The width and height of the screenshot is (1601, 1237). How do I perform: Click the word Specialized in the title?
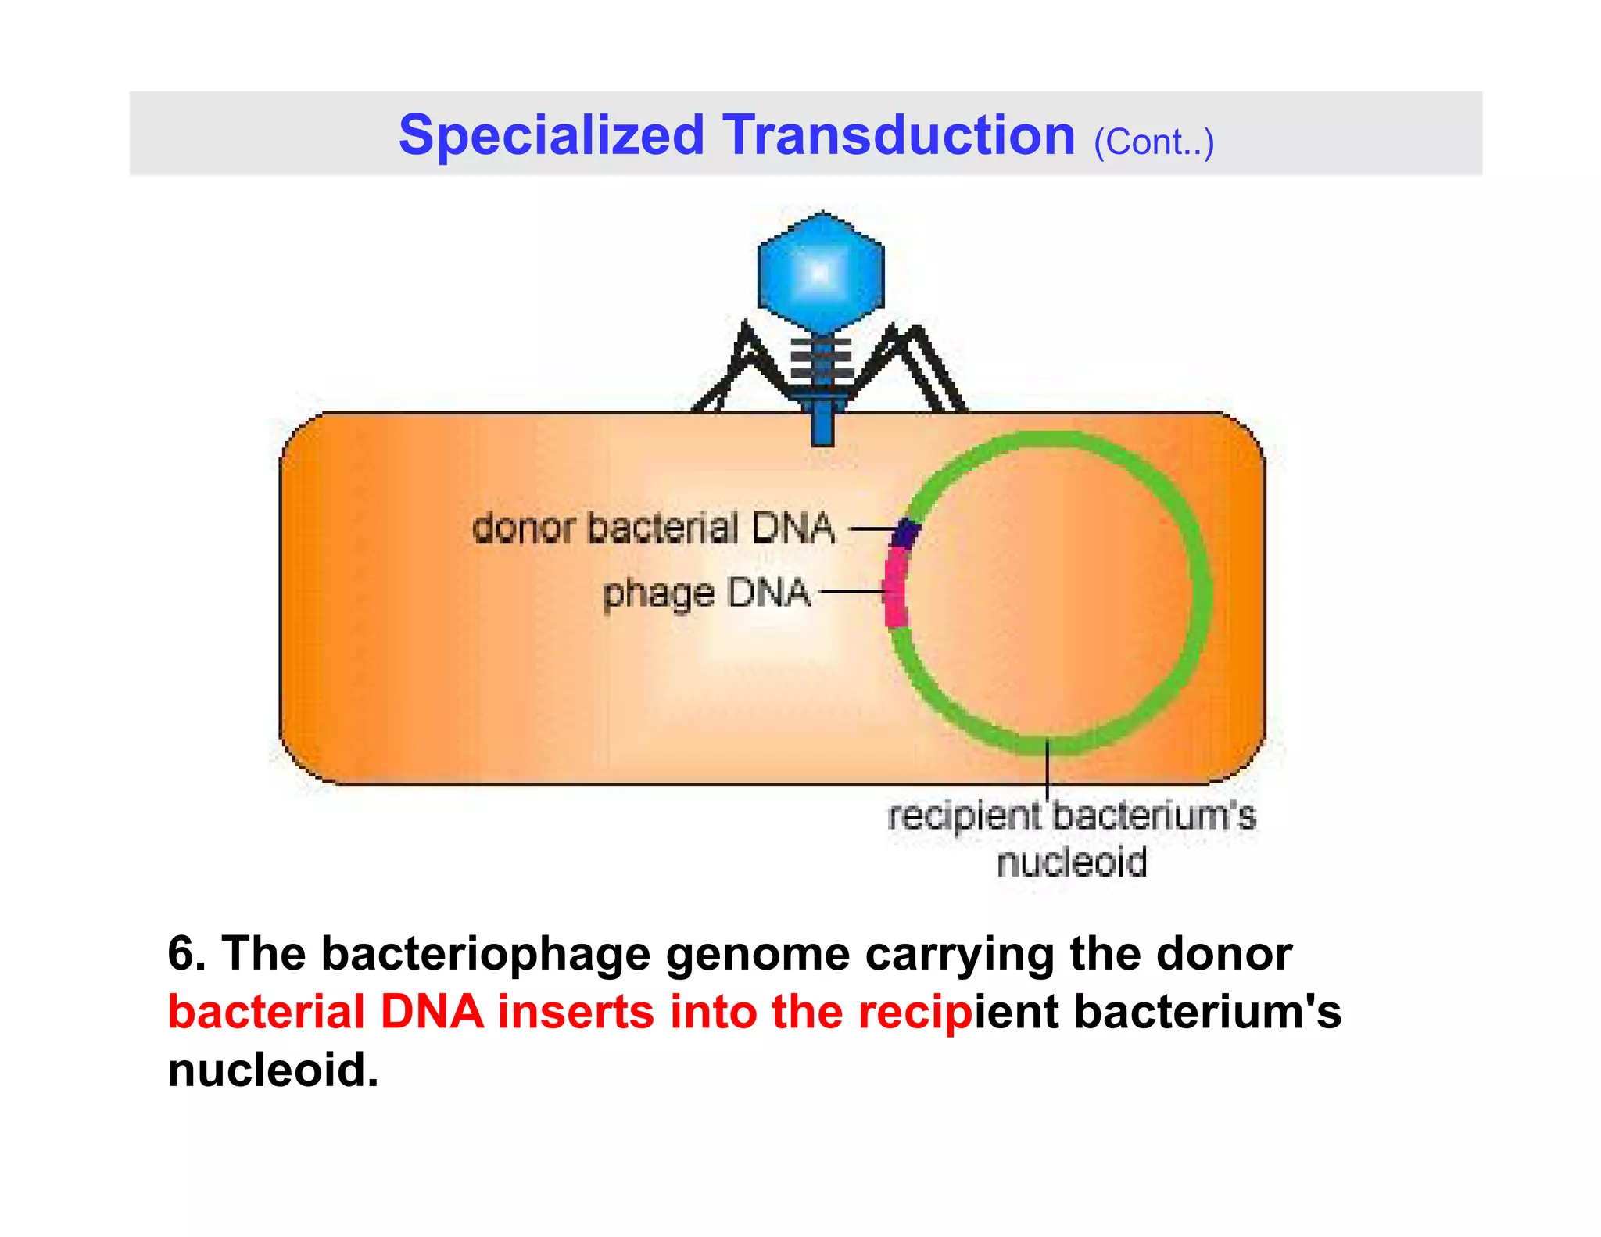[551, 135]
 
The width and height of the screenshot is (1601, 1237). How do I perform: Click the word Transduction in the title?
[898, 135]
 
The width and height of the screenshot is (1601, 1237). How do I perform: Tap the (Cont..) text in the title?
[1154, 142]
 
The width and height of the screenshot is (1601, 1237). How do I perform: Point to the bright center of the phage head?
[819, 274]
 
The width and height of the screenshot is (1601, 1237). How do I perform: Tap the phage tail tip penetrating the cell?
[822, 426]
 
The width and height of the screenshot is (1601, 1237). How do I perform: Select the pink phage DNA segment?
[896, 590]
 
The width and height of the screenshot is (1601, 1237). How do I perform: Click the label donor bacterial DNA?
[654, 528]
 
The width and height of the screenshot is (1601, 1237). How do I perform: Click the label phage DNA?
[706, 593]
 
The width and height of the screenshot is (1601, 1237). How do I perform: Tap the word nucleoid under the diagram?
[1071, 862]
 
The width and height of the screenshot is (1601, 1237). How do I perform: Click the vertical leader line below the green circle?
[1048, 770]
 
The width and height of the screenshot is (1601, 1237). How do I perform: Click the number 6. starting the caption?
[186, 954]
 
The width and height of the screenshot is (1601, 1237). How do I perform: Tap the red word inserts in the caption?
[575, 1012]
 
